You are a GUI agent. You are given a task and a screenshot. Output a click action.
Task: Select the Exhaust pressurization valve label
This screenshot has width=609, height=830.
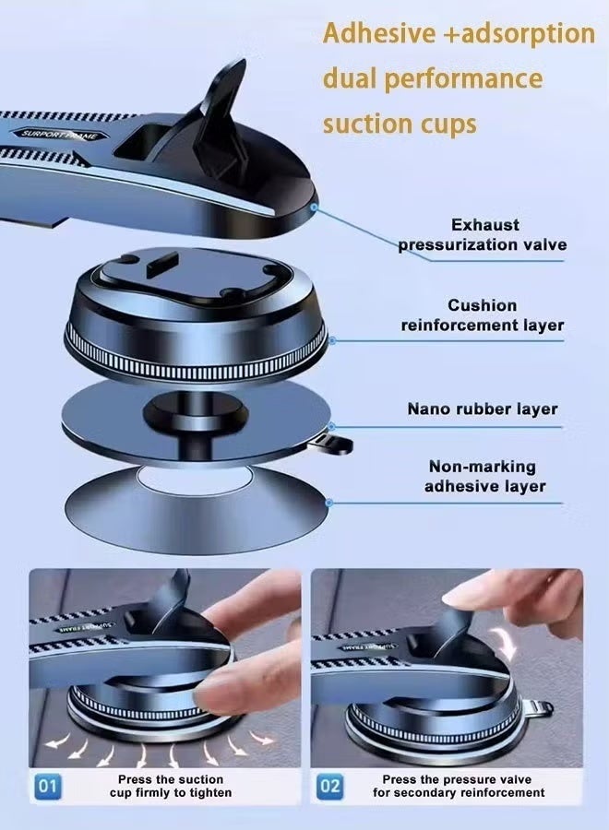coord(483,234)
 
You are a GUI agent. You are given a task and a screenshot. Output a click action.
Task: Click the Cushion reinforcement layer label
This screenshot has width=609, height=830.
coord(483,315)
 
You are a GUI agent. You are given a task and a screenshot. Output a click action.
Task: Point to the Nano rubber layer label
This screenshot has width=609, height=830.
coord(483,409)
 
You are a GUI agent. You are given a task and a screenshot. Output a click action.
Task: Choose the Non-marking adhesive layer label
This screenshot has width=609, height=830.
coord(484,477)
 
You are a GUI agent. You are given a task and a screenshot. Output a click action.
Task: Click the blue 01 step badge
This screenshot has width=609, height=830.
coord(48,786)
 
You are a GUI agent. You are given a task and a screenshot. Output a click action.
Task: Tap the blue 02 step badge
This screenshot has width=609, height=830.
coord(330,786)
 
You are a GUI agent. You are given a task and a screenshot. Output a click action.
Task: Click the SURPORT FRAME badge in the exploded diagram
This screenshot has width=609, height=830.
coord(59,135)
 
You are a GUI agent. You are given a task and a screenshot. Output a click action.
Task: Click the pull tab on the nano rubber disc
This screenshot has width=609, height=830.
coord(334,445)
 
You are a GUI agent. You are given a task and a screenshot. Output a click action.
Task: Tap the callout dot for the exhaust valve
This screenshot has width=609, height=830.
coord(314,207)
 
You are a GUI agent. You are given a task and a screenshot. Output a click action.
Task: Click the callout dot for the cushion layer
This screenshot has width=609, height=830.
coord(332,340)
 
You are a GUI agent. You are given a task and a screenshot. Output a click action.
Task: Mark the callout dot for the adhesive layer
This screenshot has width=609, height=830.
coord(328,503)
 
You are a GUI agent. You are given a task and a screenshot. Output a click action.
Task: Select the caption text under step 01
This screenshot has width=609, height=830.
coord(171,786)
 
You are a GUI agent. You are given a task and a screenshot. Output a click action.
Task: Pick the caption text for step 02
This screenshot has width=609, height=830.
coord(458,786)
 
